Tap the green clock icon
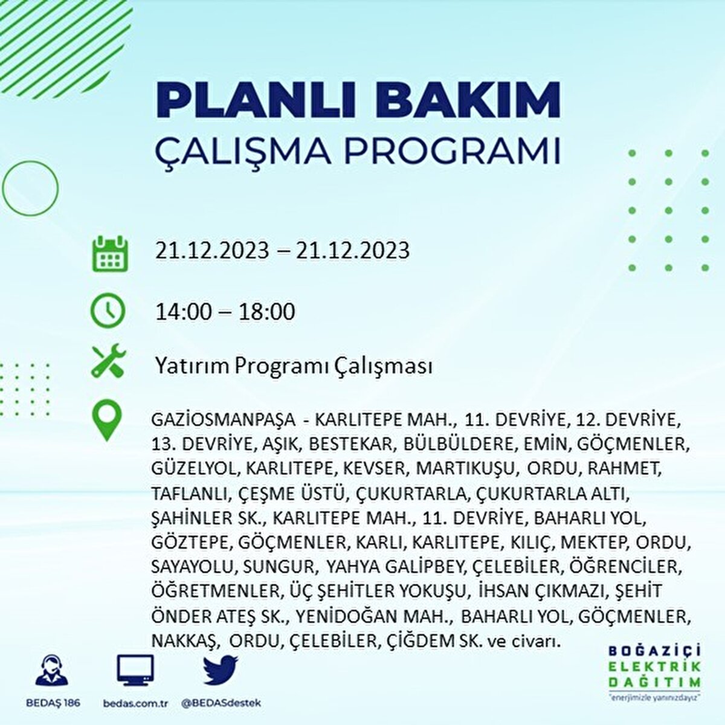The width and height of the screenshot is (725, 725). click(x=108, y=311)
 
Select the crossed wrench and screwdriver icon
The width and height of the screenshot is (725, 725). click(x=109, y=360)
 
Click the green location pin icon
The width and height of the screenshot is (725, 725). click(x=107, y=420)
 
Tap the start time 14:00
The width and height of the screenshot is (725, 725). click(x=183, y=312)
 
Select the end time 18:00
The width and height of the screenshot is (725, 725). click(x=262, y=312)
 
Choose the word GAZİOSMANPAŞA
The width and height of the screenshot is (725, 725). click(x=224, y=420)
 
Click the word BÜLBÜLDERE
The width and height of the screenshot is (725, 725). click(x=458, y=444)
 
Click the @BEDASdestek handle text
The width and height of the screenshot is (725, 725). click(x=221, y=703)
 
